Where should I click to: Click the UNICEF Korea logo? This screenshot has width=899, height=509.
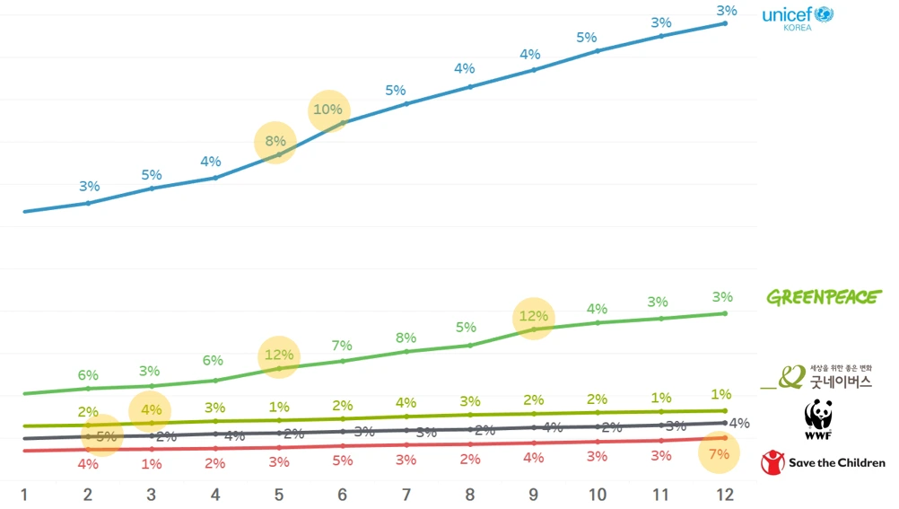coord(798,18)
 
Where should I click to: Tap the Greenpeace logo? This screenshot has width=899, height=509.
coord(824,297)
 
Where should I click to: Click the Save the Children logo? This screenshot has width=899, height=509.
coord(823,462)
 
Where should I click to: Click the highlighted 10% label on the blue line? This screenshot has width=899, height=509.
coord(328,110)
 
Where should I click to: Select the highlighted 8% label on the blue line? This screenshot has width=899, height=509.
coord(275,141)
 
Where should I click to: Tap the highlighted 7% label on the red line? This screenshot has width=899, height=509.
coord(719,454)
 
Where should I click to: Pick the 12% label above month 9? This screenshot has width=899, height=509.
coord(533,318)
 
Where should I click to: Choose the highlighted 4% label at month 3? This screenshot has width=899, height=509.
coord(151,411)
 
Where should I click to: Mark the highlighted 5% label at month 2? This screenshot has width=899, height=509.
coord(104,437)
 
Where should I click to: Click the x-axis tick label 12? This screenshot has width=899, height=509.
coord(724,495)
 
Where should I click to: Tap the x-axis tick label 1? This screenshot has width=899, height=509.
coord(24,495)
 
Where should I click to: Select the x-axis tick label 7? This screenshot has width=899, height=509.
coord(406,495)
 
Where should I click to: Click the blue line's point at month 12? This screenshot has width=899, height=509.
coord(725,23)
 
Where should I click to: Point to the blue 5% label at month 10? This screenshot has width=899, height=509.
coord(586,38)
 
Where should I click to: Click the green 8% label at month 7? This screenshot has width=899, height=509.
coord(406,338)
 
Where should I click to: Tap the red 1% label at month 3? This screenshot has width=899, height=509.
coord(151,464)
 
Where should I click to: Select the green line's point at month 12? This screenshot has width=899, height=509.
coord(725,313)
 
